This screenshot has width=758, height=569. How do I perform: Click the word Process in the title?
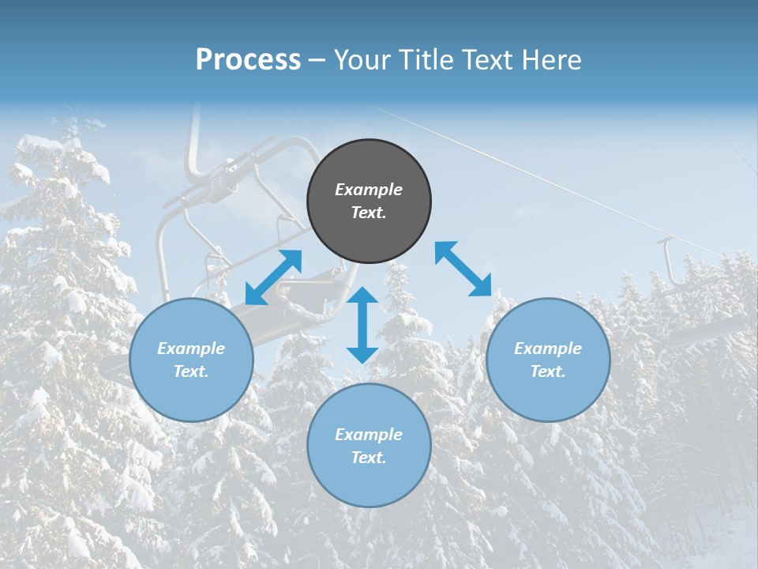(x=248, y=60)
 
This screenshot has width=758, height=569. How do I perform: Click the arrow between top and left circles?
(x=273, y=277)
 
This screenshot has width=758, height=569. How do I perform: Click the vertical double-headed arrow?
(x=362, y=325)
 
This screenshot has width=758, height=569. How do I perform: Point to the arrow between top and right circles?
(x=463, y=269)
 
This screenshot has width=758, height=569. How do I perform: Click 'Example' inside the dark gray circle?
(x=369, y=190)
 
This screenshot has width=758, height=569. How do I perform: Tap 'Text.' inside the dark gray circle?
(x=369, y=213)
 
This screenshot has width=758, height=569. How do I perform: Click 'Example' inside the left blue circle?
(x=191, y=349)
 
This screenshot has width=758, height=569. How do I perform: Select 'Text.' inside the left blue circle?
(x=191, y=371)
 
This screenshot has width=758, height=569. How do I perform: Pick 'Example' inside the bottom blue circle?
(x=369, y=435)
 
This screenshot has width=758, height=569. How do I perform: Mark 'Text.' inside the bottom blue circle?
(x=369, y=458)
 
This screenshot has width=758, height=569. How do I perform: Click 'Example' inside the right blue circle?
(x=548, y=349)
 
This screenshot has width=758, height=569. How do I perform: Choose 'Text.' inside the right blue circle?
(x=548, y=371)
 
